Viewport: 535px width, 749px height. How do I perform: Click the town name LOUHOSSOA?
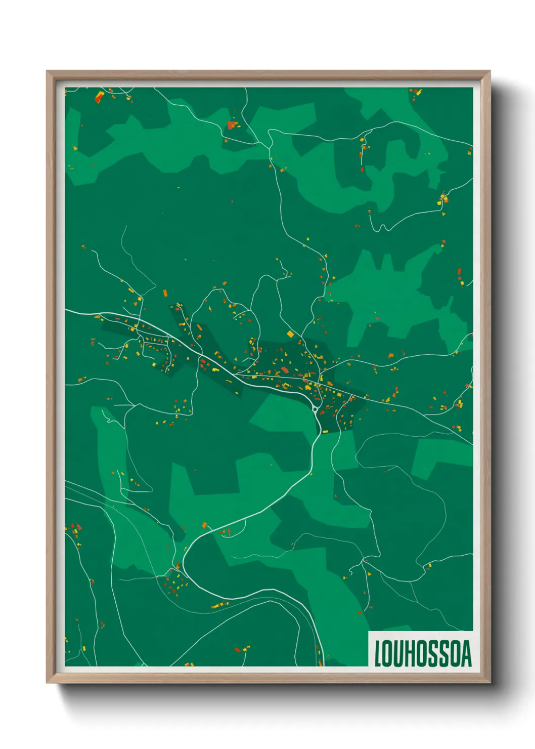[x=423, y=653]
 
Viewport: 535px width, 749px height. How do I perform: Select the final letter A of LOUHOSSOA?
[x=466, y=653]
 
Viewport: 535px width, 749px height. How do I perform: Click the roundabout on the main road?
[x=315, y=409]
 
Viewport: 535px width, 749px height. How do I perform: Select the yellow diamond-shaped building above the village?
[x=290, y=334]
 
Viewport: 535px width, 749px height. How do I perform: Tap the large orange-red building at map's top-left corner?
[x=99, y=97]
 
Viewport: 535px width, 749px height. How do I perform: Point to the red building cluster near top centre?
[x=232, y=124]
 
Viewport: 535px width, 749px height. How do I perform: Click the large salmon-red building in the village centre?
[x=285, y=370]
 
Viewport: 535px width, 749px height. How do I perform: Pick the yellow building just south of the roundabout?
[x=326, y=431]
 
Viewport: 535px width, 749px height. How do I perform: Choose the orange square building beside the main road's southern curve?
[x=205, y=525]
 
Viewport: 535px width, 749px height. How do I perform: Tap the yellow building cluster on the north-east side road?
[x=443, y=199]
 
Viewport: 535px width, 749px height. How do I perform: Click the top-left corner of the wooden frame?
[x=47, y=71]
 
